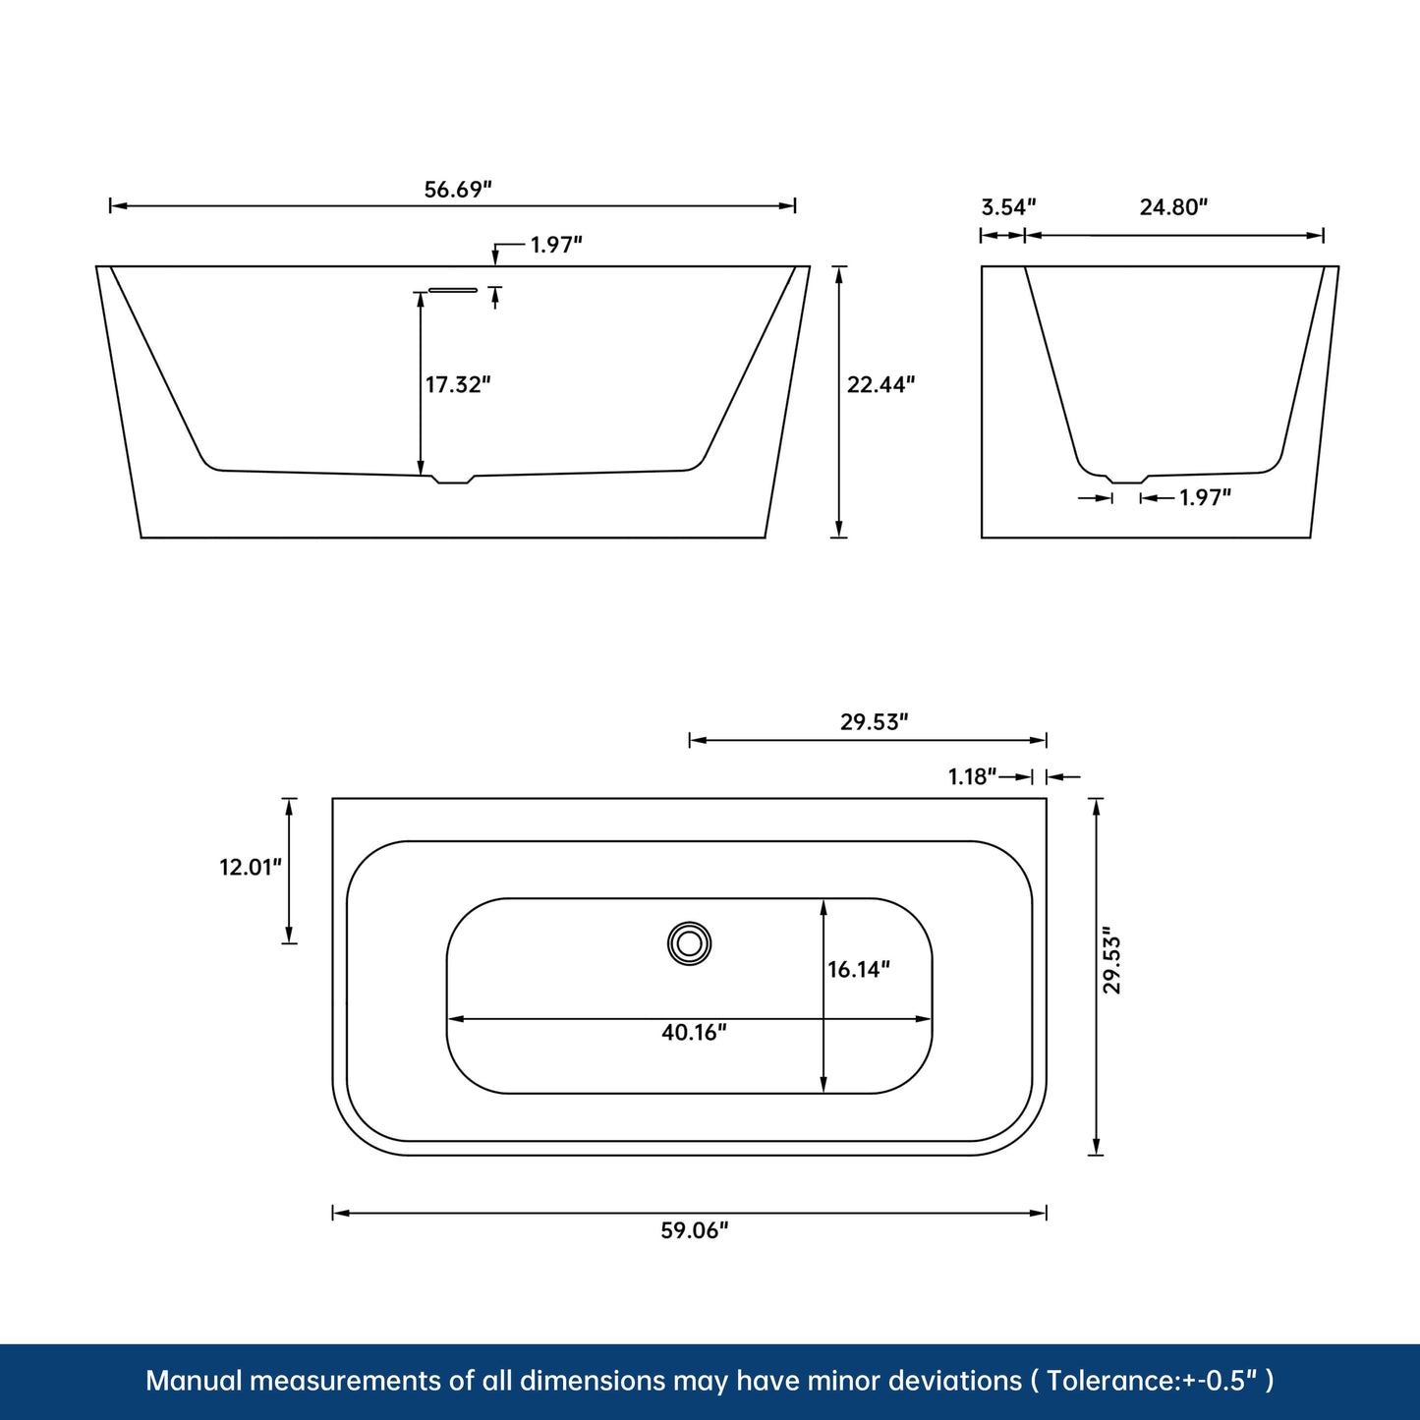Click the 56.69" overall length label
(x=457, y=189)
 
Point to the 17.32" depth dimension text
(x=457, y=384)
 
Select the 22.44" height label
(x=880, y=384)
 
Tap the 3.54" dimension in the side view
(x=1008, y=206)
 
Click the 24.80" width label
(x=1173, y=206)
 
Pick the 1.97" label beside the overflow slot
(x=556, y=245)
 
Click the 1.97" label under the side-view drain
(x=1205, y=497)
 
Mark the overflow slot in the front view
(x=453, y=290)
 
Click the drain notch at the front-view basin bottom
(x=453, y=480)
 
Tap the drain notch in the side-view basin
(x=1126, y=480)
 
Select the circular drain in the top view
(x=689, y=943)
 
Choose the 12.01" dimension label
(x=250, y=867)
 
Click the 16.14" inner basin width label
(x=858, y=970)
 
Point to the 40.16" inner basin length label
(x=694, y=1032)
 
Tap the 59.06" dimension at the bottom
(x=694, y=1230)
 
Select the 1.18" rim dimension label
(x=972, y=776)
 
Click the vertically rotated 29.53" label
(x=1111, y=960)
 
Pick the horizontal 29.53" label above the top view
(x=874, y=722)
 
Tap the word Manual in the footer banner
(x=194, y=1381)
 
